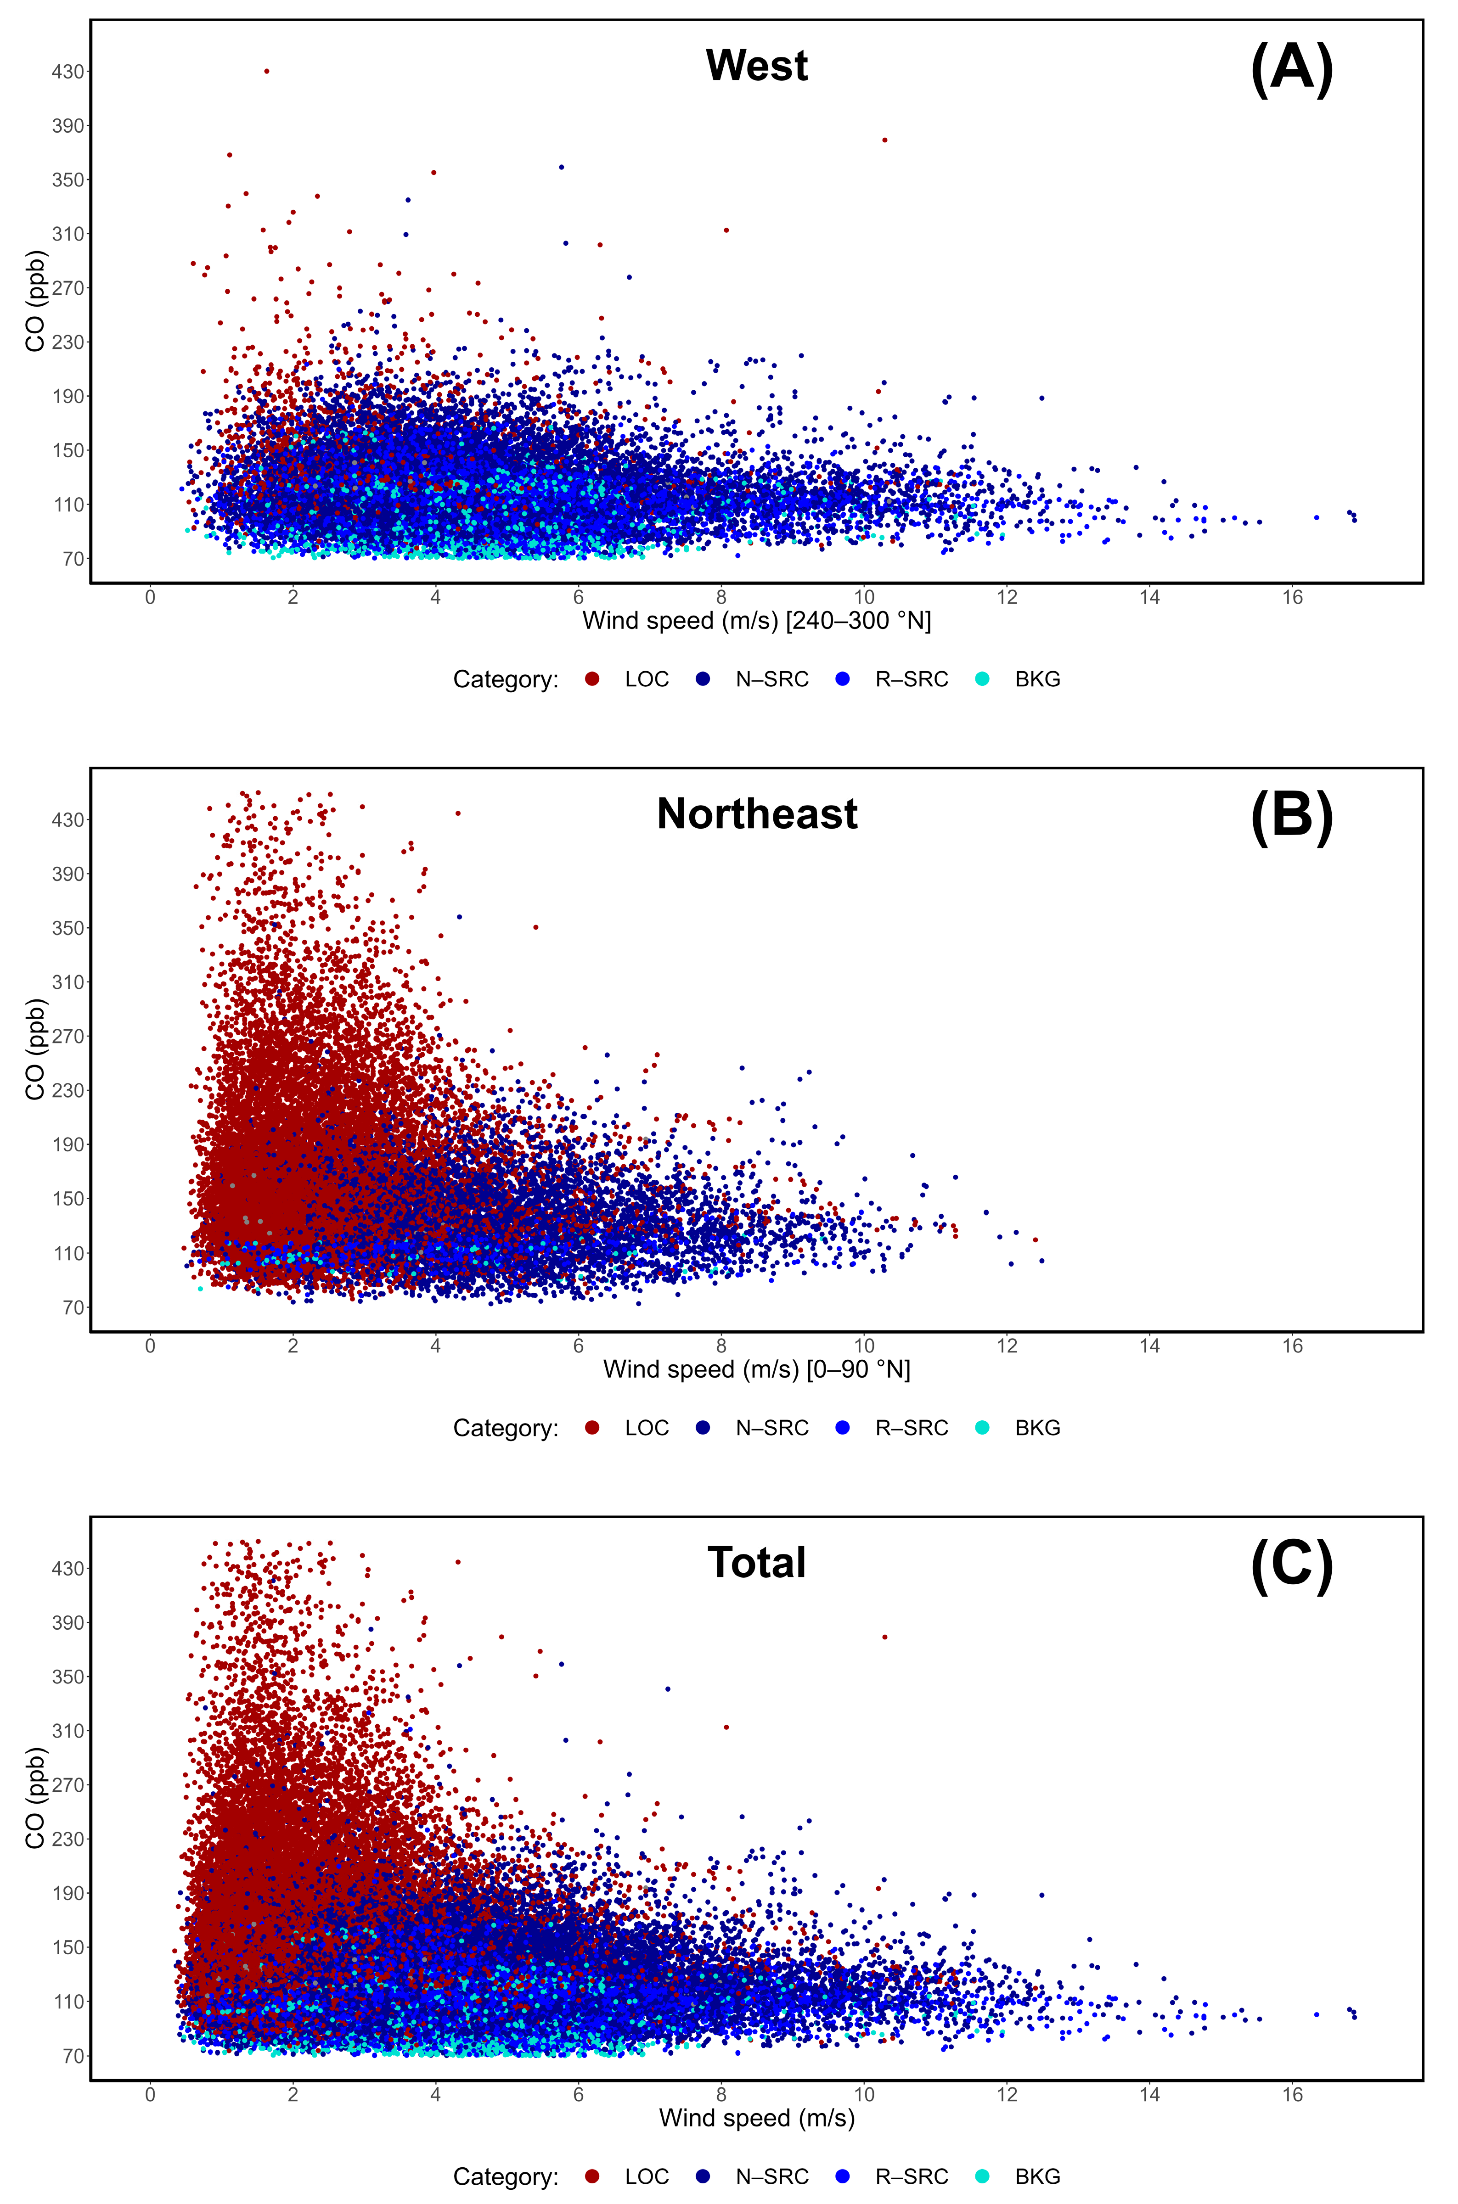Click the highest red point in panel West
point(267,71)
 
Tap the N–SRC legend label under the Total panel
point(772,2176)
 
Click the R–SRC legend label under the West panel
point(911,679)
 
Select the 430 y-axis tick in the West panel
point(68,72)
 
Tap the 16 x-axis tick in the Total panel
point(1293,2094)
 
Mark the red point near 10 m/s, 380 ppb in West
point(884,140)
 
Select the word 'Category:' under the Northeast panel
point(506,1428)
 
